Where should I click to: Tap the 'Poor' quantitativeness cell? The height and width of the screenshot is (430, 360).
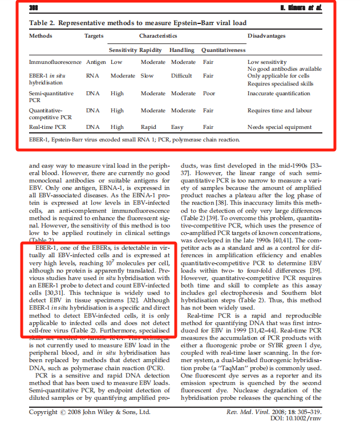pos(209,94)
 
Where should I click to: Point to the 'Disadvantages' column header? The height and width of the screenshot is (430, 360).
pos(266,36)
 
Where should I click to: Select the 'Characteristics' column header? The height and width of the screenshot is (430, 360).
pos(162,36)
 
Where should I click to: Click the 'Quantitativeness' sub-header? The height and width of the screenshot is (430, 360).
pos(223,50)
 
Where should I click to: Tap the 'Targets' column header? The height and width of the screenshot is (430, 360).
pos(94,36)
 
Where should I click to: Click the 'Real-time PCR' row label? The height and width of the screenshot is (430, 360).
pos(49,128)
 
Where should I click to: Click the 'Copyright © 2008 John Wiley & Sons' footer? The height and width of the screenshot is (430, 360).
pos(90,411)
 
